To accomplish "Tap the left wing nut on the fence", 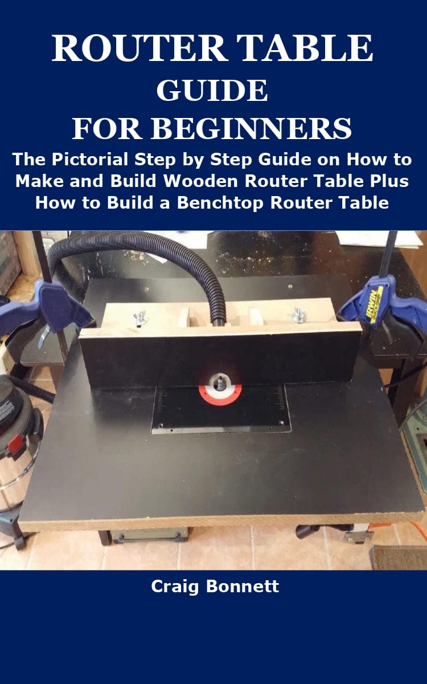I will (x=138, y=317).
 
